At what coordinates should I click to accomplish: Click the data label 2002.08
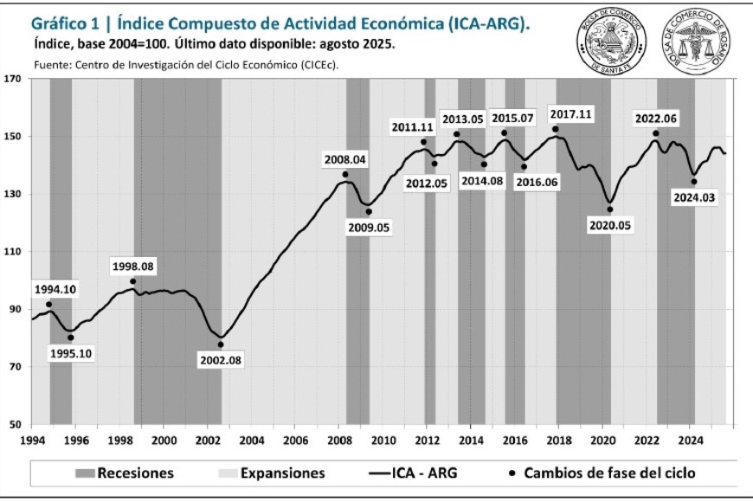pos(220,360)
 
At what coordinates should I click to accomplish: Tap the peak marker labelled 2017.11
pos(555,129)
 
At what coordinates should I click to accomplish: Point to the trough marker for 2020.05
pos(609,209)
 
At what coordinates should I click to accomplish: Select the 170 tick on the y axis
pos(13,79)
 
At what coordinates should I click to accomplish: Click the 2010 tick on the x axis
pos(383,440)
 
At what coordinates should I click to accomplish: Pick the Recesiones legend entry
pos(125,473)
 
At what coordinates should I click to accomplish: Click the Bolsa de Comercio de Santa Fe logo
pos(611,41)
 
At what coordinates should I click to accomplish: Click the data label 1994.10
pos(55,289)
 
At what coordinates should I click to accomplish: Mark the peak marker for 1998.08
pos(133,281)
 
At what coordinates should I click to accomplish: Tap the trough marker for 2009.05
pos(368,211)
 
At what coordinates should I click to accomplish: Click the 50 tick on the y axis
pos(13,425)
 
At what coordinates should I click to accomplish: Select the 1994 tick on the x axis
pos(32,440)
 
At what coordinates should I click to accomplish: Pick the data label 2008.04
pos(345,159)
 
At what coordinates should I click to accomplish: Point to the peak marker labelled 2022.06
pos(655,133)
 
